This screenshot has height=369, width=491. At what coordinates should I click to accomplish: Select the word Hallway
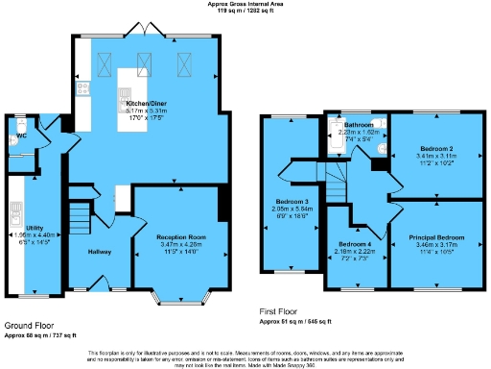[100, 252]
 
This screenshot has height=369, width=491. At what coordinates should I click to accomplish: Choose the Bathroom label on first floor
[360, 126]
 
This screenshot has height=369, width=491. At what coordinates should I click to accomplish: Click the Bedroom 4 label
[356, 244]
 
